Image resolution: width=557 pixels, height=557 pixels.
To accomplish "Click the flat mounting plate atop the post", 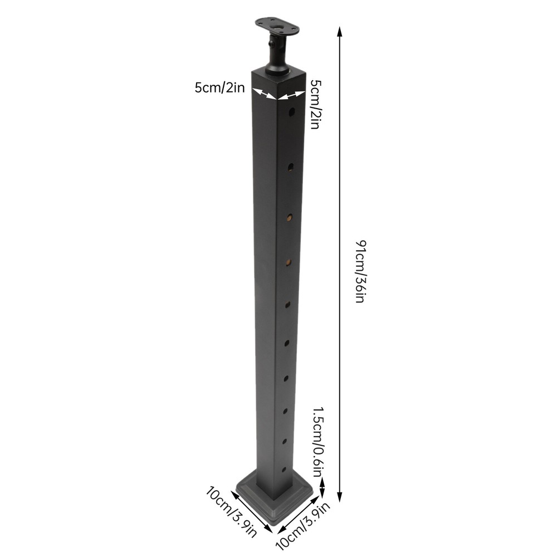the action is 276,27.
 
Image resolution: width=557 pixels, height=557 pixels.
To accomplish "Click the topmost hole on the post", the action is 292,113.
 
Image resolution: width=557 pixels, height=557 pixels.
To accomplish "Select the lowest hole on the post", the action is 284,470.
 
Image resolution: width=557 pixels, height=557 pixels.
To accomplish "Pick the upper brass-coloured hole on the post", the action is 290,217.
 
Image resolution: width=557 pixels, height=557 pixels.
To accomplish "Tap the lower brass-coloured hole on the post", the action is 289,262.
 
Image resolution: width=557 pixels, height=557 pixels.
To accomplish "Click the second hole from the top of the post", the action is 291,166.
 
